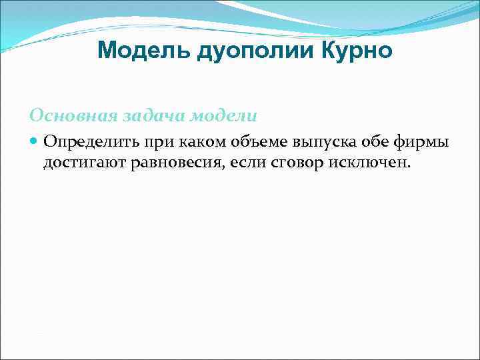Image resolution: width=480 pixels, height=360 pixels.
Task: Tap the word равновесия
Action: (x=176, y=163)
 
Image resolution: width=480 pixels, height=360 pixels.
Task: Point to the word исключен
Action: (x=369, y=163)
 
